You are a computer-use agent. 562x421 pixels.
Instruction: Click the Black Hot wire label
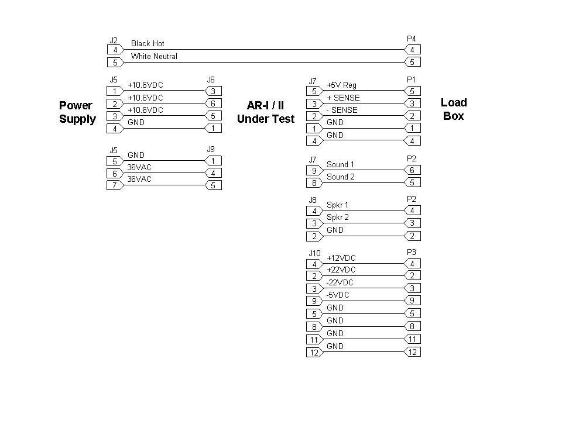coord(148,43)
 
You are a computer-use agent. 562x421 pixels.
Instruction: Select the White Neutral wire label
coord(154,56)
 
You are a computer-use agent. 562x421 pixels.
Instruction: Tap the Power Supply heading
coord(77,112)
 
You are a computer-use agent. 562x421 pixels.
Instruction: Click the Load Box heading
coord(454,109)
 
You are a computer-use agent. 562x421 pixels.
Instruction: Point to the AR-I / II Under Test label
coord(266,112)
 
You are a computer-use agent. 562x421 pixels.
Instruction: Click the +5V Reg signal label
coord(341,85)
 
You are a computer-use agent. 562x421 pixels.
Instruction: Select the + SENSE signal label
coord(343,98)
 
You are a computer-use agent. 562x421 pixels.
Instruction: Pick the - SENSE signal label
coord(342,110)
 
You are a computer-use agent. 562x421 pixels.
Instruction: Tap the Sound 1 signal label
coord(340,164)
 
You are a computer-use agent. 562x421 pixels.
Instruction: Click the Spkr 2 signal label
coord(337,217)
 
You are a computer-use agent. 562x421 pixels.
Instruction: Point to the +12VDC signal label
coord(341,258)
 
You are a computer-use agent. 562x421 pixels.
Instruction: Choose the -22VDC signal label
coord(340,282)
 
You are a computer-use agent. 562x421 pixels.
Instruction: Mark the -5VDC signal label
coord(338,295)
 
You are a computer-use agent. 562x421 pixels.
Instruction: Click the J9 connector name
coord(211,149)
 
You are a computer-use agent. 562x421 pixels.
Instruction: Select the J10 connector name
coord(315,253)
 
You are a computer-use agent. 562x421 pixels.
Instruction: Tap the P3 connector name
coord(412,252)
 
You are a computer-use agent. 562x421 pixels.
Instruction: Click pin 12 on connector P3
coord(412,352)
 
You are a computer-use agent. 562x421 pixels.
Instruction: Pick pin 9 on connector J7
coord(314,171)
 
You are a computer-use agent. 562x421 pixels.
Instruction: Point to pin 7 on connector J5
coord(115,186)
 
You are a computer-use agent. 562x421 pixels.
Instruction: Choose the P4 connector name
coord(412,39)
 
